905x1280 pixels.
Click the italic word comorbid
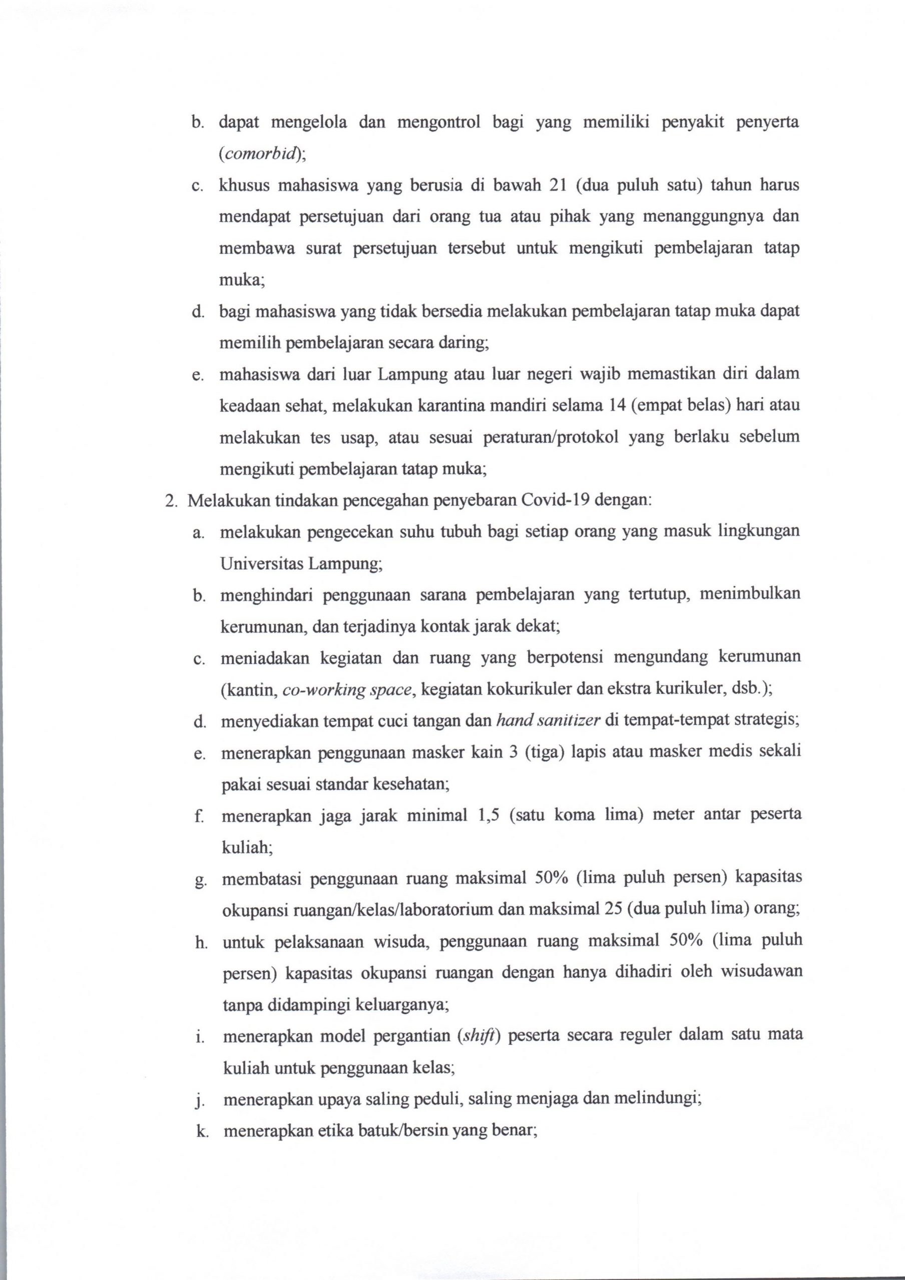tap(260, 154)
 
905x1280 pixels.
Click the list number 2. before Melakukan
tap(171, 500)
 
